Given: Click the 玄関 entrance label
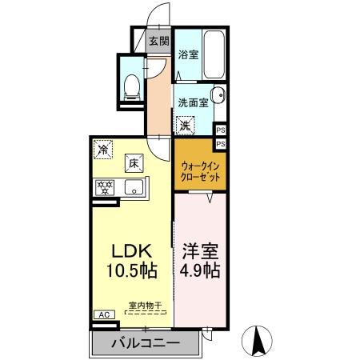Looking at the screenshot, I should point(158,41).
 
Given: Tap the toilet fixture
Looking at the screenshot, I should point(133,85).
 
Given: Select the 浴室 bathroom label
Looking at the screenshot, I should point(188,55).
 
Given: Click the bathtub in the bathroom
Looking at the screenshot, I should point(214,52).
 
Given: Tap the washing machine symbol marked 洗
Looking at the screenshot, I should point(185,126).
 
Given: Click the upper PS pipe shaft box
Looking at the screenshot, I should point(221,129).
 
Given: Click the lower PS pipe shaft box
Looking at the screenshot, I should point(221,142).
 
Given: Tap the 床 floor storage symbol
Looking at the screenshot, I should point(130,164).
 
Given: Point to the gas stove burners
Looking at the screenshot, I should point(104,189).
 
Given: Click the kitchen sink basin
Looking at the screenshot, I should point(134,188).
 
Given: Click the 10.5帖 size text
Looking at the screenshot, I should point(128,270).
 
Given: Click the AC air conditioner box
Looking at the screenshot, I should point(103,315).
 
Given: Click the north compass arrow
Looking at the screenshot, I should point(259,339).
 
